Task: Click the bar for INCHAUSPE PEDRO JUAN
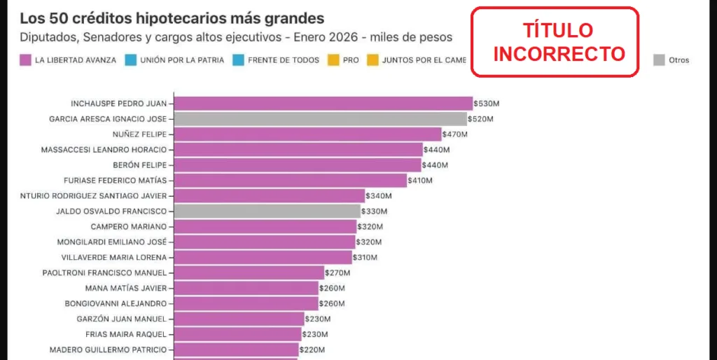323,104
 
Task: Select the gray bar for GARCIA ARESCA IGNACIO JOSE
320,119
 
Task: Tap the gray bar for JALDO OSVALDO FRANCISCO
267,211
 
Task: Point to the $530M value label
486,104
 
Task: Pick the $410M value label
419,181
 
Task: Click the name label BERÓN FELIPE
139,165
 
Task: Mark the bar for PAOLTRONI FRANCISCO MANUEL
249,272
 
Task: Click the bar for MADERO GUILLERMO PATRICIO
236,349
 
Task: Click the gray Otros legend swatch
659,60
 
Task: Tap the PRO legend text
351,60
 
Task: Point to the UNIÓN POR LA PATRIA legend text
182,60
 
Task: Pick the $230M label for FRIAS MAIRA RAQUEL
317,334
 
